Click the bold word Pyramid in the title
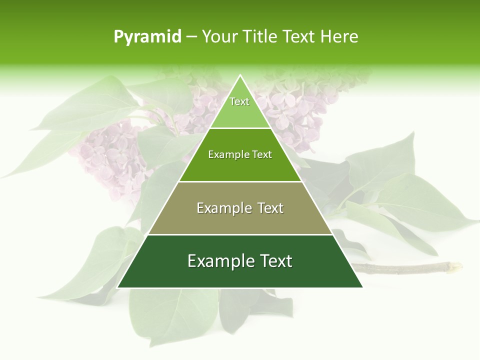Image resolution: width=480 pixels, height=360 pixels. pos(147,37)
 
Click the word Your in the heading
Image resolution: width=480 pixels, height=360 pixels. pos(219,37)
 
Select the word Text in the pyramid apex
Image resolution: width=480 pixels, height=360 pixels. pos(239,101)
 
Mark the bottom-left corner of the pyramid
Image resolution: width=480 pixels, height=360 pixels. pos(118,287)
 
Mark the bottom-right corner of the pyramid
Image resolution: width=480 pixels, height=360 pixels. pos(362,287)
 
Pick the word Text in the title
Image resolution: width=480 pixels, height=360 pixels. pos(298,37)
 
